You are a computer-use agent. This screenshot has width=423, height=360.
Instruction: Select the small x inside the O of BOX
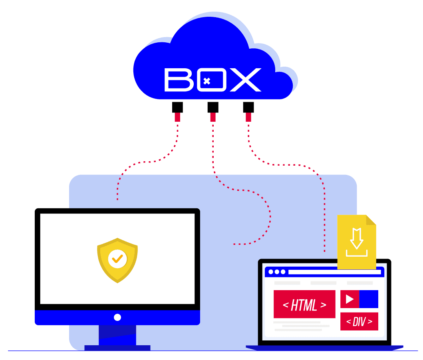[x=207, y=81]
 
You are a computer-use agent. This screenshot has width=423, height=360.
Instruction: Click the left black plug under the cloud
[x=177, y=107]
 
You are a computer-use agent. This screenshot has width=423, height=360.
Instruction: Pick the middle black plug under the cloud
[x=212, y=107]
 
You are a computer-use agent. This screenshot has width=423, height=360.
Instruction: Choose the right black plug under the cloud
[x=248, y=107]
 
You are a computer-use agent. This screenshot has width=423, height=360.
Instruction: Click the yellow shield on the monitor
[x=117, y=260]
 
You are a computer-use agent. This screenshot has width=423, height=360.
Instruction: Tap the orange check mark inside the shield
[x=117, y=259]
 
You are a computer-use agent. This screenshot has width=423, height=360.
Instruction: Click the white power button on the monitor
[x=117, y=317]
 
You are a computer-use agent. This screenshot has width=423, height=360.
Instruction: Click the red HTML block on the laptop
[x=304, y=304]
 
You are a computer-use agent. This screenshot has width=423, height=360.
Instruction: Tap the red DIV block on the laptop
[x=359, y=321]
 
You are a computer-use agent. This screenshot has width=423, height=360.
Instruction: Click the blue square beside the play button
[x=369, y=299]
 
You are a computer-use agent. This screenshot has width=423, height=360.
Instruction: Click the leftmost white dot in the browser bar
[x=270, y=272]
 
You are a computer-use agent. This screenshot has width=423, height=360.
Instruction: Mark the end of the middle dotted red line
[x=234, y=243]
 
